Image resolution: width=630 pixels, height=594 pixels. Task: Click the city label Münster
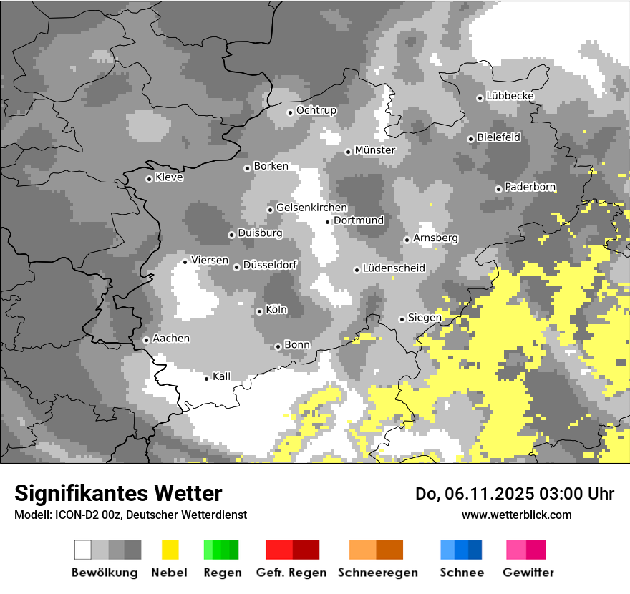pos(375,150)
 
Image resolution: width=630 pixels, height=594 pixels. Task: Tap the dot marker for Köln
pos(259,311)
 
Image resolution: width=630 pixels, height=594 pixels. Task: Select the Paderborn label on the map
pos(530,187)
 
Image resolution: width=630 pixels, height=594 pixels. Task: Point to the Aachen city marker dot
pos(146,340)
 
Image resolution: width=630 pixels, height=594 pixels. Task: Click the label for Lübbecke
pos(510,96)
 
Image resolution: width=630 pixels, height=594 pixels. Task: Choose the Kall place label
pos(222,376)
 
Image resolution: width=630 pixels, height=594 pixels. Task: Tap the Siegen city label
pos(425,318)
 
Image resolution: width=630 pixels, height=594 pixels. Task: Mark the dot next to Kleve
pos(149,179)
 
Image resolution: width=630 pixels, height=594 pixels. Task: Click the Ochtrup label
pos(316,110)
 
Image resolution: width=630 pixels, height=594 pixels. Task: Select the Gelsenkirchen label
pos(311,208)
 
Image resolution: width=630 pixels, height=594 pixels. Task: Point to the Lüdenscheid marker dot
pos(357,270)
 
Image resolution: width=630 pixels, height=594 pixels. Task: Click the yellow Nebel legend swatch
pos(170,550)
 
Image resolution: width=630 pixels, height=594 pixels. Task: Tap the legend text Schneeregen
pos(378,573)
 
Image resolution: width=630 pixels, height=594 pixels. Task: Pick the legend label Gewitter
pos(528,573)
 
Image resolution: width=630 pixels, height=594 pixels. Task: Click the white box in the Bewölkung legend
pos(83,550)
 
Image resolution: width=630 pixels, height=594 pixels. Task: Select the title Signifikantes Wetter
pos(118,494)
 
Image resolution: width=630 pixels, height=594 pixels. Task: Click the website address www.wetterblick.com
pos(517,515)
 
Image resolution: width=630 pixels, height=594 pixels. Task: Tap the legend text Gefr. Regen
pos(291,573)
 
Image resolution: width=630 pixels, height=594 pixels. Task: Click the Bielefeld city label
pos(499,137)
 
